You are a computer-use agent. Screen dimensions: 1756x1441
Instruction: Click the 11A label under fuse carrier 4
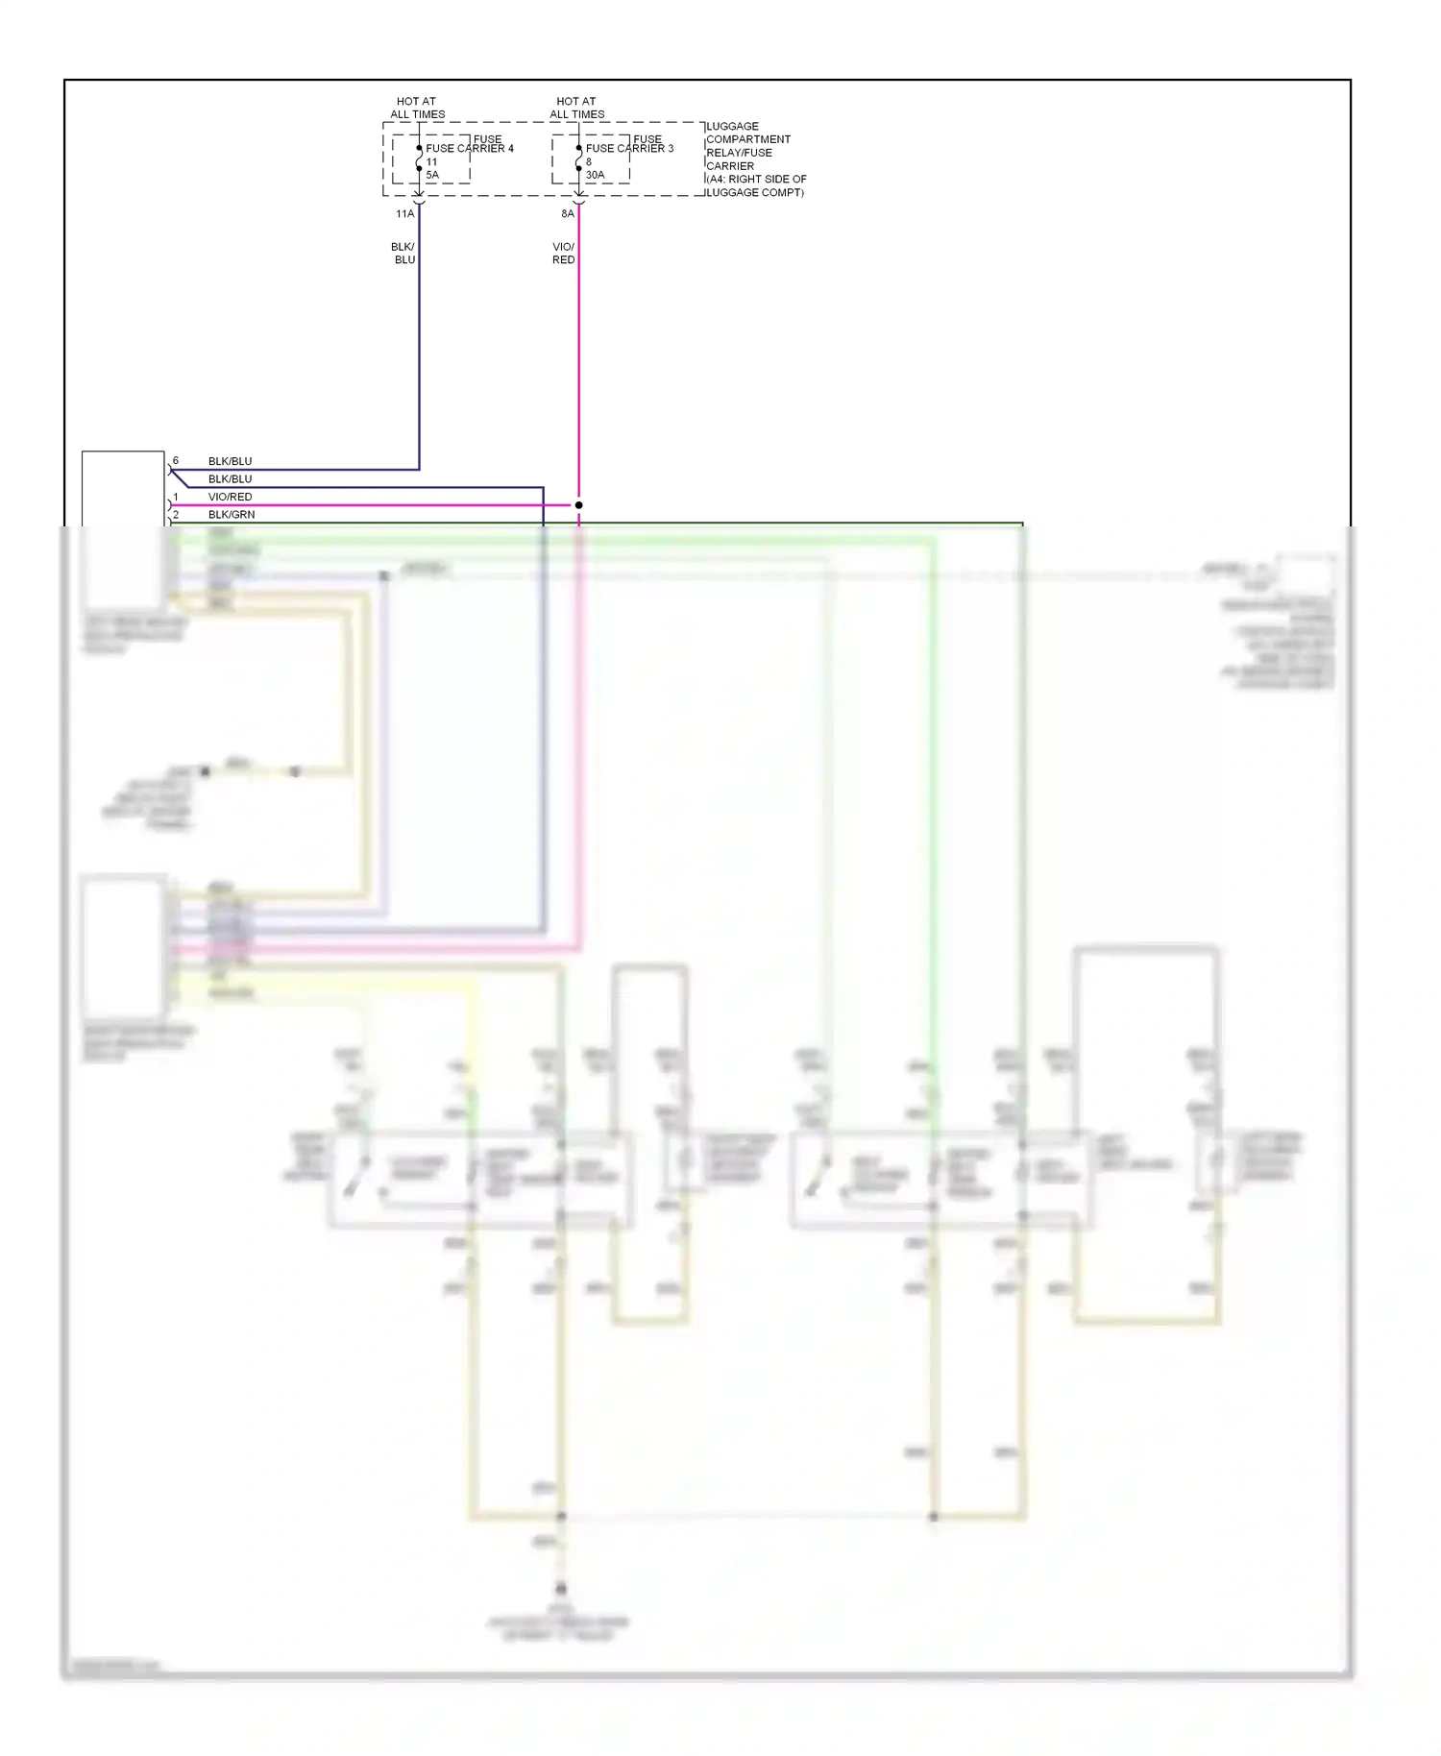404,213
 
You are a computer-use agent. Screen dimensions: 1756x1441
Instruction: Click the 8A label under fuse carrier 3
568,213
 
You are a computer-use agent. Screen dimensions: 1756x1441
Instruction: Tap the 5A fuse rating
432,175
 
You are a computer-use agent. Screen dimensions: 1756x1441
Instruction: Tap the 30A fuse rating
595,175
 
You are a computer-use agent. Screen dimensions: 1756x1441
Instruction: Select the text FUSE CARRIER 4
470,148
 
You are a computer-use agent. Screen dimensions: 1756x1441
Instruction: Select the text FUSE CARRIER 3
629,148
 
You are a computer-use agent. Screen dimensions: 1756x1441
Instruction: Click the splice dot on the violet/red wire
578,504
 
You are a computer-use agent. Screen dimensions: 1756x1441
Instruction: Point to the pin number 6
176,461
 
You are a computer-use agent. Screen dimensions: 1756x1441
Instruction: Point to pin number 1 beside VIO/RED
176,497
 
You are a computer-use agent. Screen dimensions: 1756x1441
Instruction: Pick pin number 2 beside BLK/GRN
176,515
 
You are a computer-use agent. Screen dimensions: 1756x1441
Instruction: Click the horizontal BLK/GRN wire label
232,515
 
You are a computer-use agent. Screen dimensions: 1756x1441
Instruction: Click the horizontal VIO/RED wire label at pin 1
230,497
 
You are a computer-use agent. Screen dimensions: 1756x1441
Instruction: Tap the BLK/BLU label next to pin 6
230,461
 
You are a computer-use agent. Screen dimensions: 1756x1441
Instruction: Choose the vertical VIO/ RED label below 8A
563,254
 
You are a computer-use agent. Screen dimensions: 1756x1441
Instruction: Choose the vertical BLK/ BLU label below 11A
403,254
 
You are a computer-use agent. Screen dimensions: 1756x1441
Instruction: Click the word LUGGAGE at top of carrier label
732,126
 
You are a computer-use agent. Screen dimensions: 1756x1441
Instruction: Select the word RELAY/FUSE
739,152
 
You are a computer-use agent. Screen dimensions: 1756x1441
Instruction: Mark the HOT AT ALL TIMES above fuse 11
417,108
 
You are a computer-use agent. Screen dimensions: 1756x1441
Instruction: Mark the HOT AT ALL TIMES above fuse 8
576,108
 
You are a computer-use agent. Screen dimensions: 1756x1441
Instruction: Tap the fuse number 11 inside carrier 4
431,161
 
